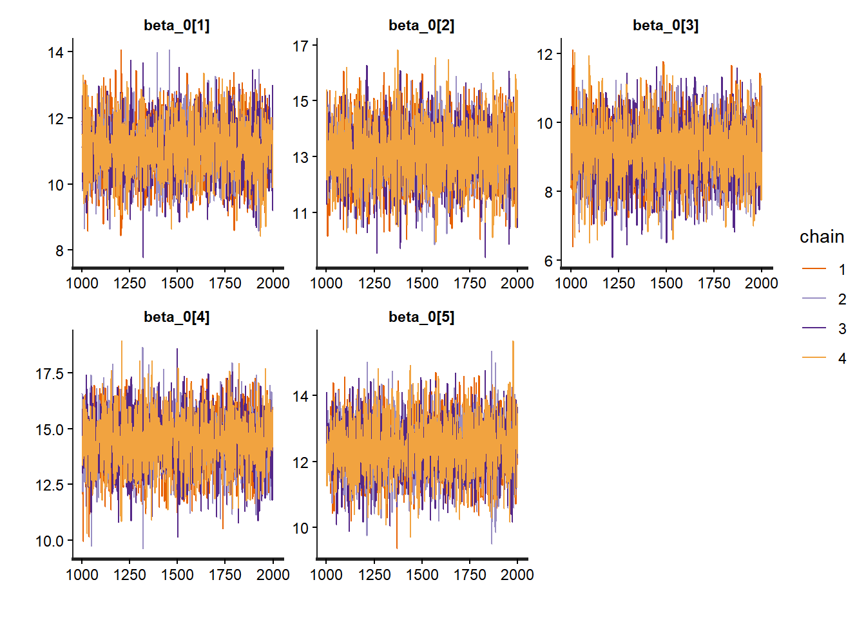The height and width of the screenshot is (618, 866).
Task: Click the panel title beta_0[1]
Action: [x=177, y=26]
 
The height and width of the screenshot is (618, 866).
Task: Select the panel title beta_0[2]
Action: [x=421, y=26]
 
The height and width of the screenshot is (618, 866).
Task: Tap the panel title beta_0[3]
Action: [x=666, y=26]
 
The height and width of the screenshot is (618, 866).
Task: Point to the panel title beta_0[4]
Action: [x=177, y=317]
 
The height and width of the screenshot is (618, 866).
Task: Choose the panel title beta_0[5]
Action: [x=421, y=317]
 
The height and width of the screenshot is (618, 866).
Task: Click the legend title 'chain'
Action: [x=822, y=237]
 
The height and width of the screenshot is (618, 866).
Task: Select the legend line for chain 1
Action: [x=814, y=270]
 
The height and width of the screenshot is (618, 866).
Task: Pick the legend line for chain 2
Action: [x=814, y=299]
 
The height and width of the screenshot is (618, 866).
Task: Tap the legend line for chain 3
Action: [x=814, y=329]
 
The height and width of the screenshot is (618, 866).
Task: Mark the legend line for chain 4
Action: [x=814, y=359]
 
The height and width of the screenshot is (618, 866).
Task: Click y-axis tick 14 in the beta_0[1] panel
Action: [x=55, y=53]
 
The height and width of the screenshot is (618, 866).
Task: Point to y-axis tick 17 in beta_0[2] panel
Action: [x=300, y=46]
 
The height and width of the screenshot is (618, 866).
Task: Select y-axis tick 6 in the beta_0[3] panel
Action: [x=548, y=261]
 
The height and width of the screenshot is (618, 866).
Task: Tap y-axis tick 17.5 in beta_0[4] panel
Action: [x=50, y=374]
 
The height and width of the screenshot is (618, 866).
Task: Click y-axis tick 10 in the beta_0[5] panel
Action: [x=300, y=529]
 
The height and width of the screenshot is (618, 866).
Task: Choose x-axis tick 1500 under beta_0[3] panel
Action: [x=666, y=283]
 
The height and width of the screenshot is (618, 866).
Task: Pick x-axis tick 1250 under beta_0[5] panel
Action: [x=374, y=575]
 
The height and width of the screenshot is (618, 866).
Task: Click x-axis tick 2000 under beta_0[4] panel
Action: [x=273, y=575]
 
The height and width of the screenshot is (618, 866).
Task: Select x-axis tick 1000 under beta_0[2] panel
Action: [x=327, y=283]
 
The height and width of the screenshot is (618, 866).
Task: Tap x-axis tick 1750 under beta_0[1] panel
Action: [x=225, y=283]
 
